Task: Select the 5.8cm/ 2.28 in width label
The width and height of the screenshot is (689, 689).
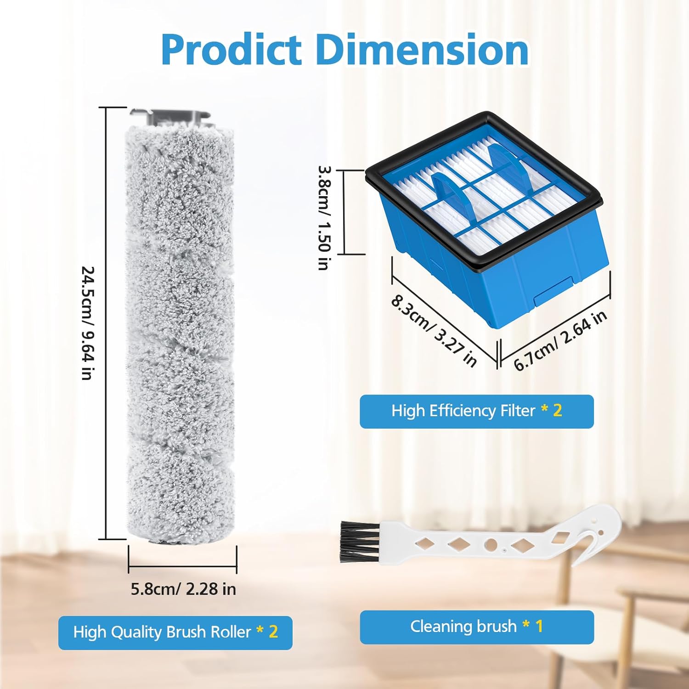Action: tap(183, 589)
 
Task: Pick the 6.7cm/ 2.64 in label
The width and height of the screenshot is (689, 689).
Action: tap(560, 340)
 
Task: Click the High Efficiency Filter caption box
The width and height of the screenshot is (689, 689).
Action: tap(476, 411)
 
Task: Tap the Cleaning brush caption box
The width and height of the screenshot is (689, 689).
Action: tap(476, 627)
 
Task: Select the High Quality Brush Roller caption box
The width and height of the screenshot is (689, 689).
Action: tap(175, 632)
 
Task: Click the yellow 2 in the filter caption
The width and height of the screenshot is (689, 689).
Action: tap(558, 410)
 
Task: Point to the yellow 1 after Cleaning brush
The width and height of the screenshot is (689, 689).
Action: tap(539, 626)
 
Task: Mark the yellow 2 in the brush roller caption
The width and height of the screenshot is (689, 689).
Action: tap(273, 632)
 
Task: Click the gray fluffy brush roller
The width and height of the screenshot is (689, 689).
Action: tap(180, 335)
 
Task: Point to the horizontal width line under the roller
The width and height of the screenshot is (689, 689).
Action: tap(182, 566)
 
